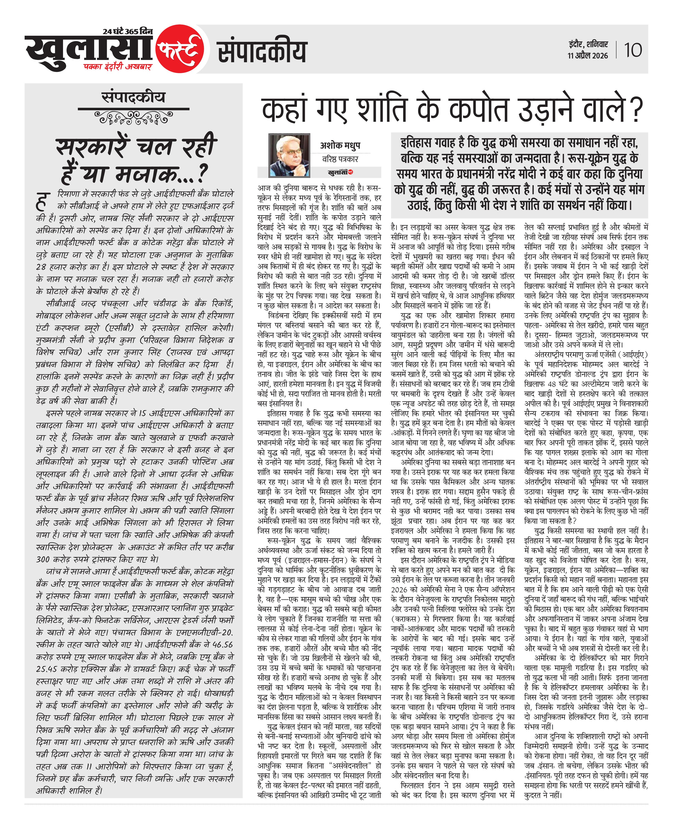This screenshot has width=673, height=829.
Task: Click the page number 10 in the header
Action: pos(633,50)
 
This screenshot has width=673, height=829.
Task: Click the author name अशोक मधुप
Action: pos(340,145)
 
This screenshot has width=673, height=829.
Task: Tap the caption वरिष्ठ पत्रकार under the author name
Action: pos(340,159)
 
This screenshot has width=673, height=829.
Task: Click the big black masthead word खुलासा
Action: pos(89,50)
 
